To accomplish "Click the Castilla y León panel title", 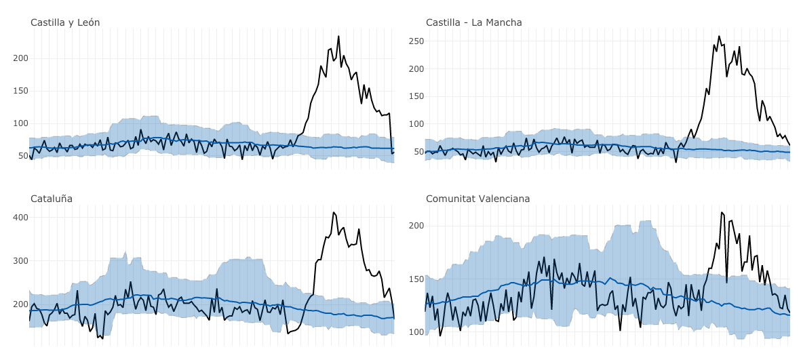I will [65, 22].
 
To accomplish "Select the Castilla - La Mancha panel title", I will [473, 22].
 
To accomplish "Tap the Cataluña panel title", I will [52, 199].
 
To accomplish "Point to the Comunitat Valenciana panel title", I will [477, 199].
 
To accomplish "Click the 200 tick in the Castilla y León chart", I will [20, 58].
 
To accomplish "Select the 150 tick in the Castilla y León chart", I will [20, 91].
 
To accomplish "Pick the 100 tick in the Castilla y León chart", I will [20, 123].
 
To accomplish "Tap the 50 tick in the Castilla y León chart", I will [22, 156].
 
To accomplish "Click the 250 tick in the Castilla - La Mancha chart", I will [416, 41].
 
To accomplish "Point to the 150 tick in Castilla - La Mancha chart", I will [416, 96].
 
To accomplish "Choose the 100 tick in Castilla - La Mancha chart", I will [416, 124].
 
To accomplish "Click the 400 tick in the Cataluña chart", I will [20, 218].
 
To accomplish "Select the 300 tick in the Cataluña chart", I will [20, 261].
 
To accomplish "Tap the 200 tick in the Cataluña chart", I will [20, 304].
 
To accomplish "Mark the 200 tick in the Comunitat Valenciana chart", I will [416, 226].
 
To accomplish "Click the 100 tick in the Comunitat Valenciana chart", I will [416, 332].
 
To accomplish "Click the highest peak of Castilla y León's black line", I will [338, 37].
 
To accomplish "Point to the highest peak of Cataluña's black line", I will [334, 212].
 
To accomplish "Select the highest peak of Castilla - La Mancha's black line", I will [719, 37].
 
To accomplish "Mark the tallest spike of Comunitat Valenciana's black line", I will [722, 212].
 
